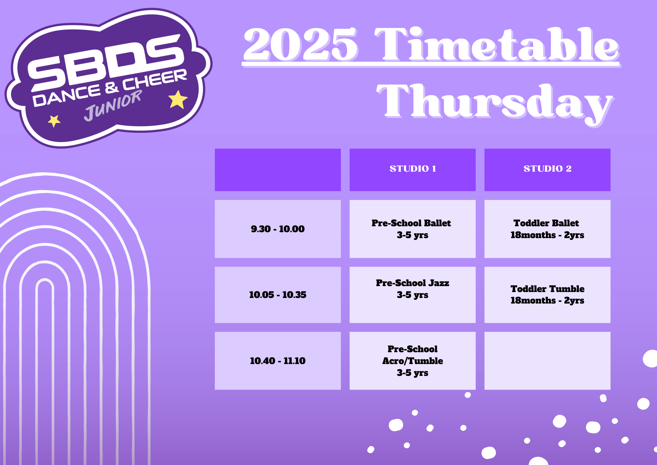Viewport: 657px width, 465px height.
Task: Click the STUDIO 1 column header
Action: [412, 170]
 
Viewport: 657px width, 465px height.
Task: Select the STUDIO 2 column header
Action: [547, 170]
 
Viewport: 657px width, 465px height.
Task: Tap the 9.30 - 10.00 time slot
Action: [278, 229]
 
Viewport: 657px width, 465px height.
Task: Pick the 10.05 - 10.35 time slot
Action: [278, 295]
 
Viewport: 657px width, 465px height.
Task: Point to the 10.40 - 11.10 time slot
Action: [278, 361]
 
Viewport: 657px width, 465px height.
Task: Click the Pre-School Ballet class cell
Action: [412, 229]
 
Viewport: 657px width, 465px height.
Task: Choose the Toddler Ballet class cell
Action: [547, 229]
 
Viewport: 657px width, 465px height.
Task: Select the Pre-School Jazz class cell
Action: [412, 295]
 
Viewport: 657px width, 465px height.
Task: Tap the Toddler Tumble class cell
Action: [547, 295]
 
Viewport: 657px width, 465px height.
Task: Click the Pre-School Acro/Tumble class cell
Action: [412, 361]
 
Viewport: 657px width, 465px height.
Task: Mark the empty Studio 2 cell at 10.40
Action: [547, 361]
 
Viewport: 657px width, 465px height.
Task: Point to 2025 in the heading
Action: [300, 44]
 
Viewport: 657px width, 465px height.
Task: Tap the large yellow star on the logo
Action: [178, 99]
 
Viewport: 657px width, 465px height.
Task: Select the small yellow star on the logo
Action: [54, 121]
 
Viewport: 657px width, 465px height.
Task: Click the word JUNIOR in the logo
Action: [113, 105]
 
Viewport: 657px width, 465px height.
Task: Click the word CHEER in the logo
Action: [155, 80]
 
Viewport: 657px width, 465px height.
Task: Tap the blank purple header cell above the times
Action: [278, 170]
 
